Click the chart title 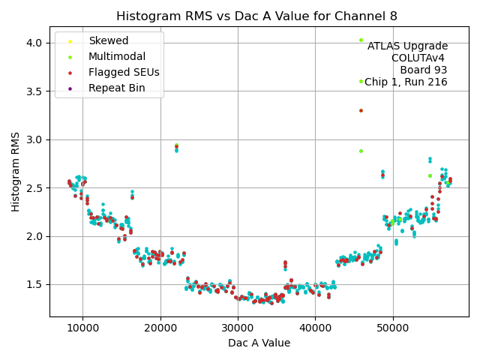click(257, 16)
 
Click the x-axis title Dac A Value click(259, 343)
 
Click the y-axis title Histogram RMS click(16, 172)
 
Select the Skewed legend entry click(108, 40)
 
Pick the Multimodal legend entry click(116, 56)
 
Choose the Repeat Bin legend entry click(116, 88)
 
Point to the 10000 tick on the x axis click(82, 328)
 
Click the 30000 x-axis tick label click(238, 328)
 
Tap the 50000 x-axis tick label click(393, 328)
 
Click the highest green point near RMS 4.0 click(361, 40)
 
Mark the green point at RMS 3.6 click(361, 81)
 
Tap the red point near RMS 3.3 click(361, 110)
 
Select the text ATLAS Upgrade click(407, 46)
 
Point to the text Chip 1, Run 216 click(406, 82)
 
